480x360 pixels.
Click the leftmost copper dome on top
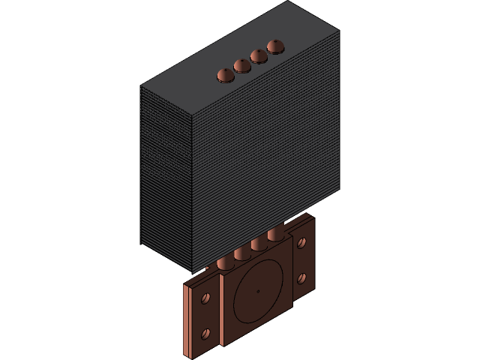click(225, 75)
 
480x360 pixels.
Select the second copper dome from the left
click(242, 65)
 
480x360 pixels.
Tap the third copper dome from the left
click(259, 55)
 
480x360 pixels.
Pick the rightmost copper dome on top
click(275, 46)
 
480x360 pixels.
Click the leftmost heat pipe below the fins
click(226, 262)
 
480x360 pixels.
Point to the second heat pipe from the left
click(242, 253)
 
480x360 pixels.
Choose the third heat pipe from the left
click(259, 244)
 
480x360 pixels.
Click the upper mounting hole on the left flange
click(205, 299)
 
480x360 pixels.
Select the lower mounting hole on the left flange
click(205, 333)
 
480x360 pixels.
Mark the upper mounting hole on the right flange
click(301, 243)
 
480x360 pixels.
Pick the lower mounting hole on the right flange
click(301, 277)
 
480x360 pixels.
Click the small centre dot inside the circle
click(257, 291)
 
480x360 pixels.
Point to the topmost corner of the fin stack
click(288, 1)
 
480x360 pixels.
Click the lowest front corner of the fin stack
click(193, 272)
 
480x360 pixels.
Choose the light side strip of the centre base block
click(222, 312)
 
